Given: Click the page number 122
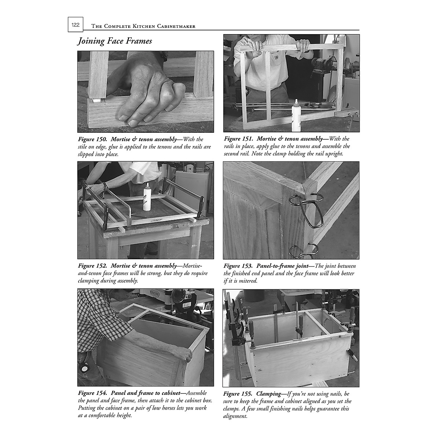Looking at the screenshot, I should pos(76,25).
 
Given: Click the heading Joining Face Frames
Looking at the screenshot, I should pos(114,41).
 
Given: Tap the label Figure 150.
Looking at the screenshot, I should pos(92,140).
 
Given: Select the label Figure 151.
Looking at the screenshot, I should pos(238,139).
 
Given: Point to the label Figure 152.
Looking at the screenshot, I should pos(92,266).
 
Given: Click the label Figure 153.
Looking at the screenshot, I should pos(238,266).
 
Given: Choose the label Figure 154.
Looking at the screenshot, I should pos(92,392).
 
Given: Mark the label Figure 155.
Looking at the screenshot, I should pos(238,394).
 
